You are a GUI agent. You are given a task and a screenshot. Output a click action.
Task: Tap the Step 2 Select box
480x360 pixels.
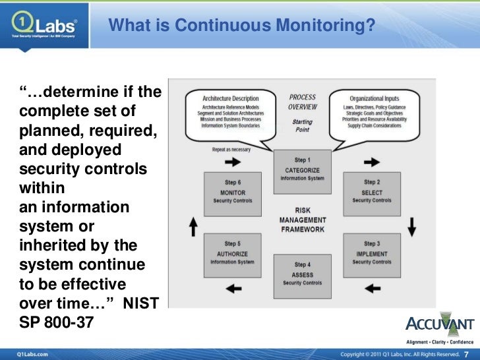tap(371, 191)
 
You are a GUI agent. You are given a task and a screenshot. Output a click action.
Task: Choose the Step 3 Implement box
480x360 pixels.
tap(371, 253)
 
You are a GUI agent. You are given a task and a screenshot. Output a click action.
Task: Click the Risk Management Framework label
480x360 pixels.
tap(303, 220)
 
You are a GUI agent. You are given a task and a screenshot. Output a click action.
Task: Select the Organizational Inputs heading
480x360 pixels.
tap(375, 98)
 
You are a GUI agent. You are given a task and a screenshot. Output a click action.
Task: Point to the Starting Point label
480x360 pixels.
tap(303, 126)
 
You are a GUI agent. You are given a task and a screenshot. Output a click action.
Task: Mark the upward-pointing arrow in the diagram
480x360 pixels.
tap(193, 227)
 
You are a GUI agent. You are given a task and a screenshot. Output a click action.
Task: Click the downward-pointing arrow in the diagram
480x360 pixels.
tap(412, 227)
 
